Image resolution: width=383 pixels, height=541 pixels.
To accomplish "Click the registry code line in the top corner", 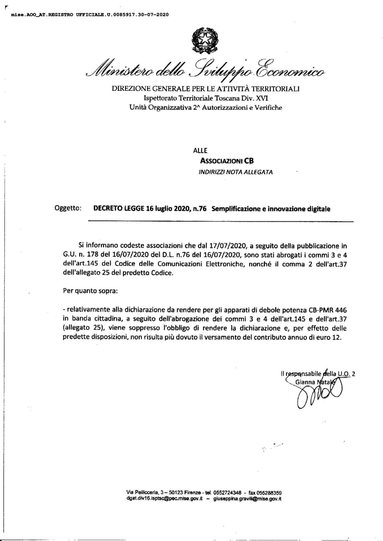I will click(x=90, y=15).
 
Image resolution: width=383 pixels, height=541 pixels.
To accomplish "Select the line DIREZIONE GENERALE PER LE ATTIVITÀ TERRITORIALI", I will click(x=205, y=89).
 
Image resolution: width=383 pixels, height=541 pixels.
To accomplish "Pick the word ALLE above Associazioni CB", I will click(x=200, y=150).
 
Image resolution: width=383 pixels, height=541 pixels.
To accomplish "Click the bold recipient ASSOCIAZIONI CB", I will click(x=227, y=161).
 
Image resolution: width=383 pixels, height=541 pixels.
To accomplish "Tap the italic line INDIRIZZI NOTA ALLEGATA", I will click(x=235, y=172).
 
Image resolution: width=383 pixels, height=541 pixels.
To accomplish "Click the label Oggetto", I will click(x=68, y=208).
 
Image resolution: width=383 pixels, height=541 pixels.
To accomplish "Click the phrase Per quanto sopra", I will click(x=90, y=291).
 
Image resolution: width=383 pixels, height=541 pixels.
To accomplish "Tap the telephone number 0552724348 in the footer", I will click(x=228, y=492).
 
